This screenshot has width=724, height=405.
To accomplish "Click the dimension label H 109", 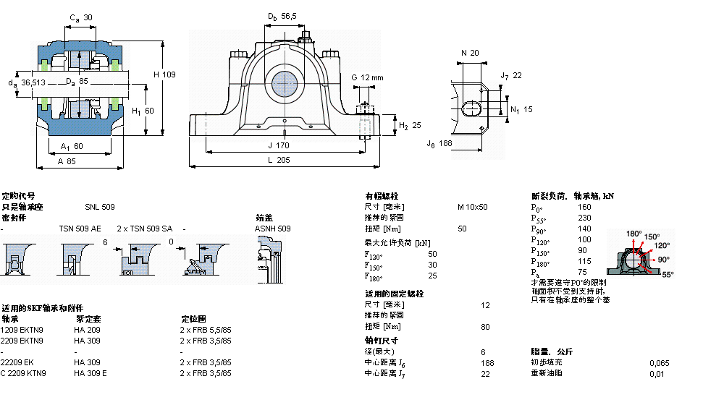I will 164,74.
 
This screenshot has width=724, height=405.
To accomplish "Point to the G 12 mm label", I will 367,77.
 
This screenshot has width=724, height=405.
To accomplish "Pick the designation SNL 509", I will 99,207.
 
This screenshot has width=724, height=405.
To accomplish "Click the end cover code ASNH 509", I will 273,229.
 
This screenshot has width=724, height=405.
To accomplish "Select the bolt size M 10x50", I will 472,207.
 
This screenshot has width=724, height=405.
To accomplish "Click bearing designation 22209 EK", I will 17,362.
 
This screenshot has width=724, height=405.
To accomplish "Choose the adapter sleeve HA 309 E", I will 90,373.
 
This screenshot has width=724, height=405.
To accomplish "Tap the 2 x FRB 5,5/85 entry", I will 206,330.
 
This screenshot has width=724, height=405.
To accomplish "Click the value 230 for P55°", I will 584,218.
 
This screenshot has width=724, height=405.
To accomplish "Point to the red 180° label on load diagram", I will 633,234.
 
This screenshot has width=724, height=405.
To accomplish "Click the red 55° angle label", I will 667,274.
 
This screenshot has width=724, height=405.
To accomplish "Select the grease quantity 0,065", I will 659,362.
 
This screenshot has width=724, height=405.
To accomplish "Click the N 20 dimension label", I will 471,53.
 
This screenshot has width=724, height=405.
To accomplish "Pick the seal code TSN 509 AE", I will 80,229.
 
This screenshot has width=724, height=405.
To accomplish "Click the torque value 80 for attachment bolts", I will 484,326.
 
